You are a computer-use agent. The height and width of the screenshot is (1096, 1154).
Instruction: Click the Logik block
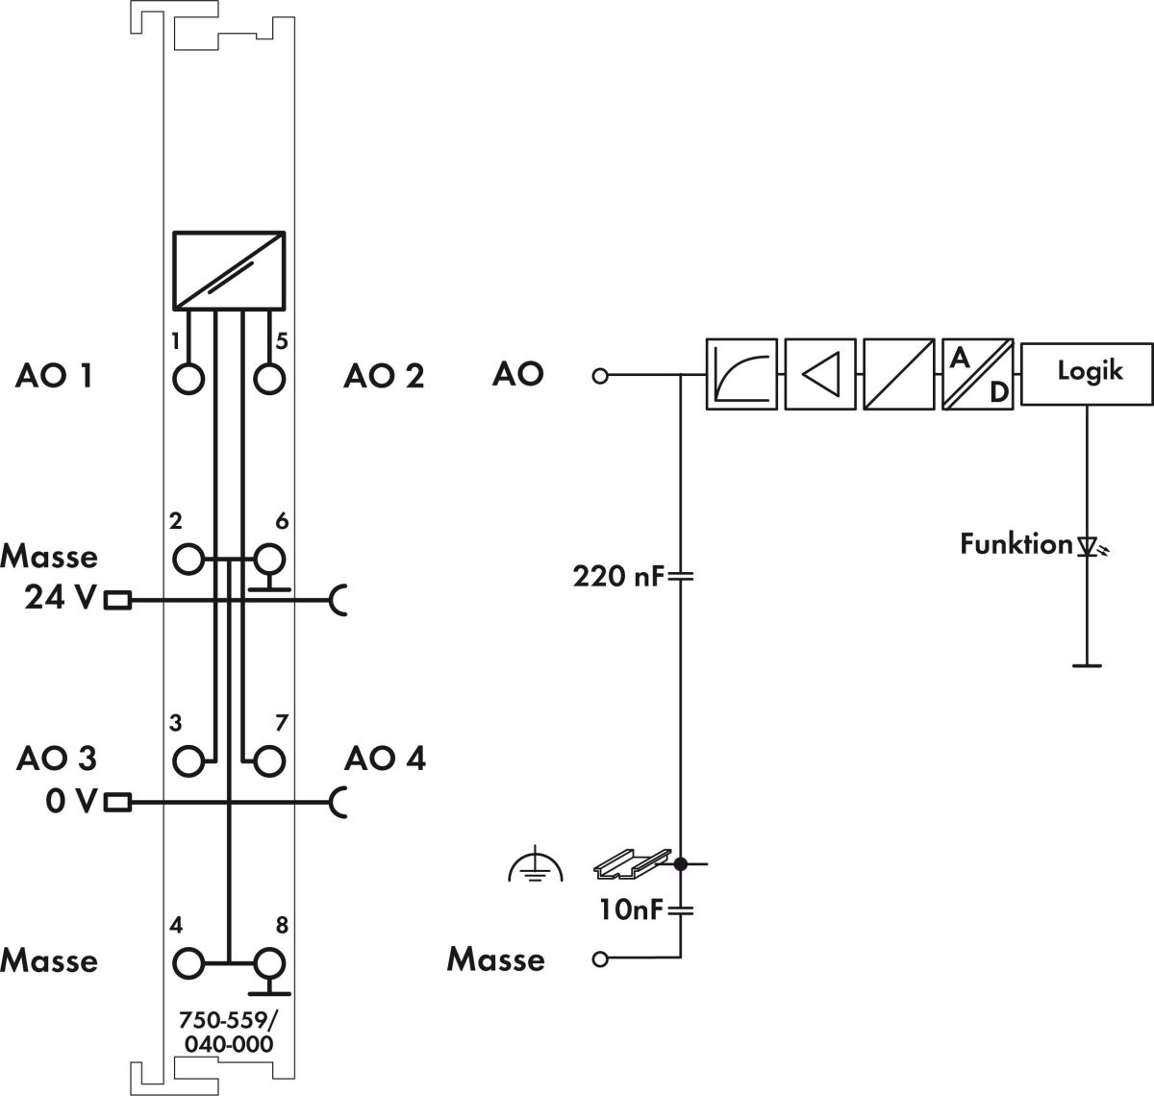(1088, 373)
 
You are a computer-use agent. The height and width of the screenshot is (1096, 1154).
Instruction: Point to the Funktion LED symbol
(1089, 547)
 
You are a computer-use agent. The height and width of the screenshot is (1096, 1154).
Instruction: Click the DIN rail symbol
(630, 864)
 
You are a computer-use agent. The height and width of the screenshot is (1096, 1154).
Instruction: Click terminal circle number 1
(189, 379)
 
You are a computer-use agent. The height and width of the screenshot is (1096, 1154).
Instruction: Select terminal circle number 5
(270, 379)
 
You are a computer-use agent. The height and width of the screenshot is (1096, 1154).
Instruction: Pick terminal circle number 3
(189, 760)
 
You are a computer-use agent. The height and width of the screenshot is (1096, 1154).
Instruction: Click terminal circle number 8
(270, 961)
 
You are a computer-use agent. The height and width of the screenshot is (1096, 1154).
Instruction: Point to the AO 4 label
(385, 759)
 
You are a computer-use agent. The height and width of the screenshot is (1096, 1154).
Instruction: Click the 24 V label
(60, 599)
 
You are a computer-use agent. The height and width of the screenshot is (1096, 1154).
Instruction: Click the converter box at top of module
(229, 270)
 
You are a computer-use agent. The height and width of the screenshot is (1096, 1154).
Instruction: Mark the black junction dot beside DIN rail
(680, 864)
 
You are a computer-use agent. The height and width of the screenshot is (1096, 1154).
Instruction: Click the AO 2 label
(384, 376)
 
